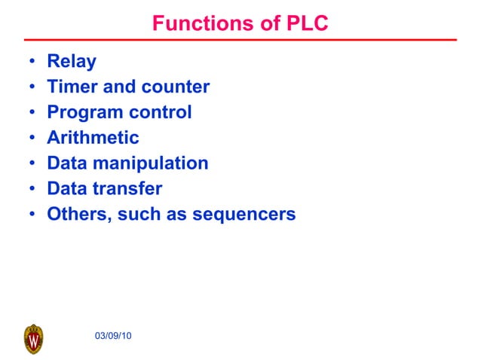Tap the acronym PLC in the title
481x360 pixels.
[306, 24]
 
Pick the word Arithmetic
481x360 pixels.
[93, 138]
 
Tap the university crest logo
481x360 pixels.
[34, 339]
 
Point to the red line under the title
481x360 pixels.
[240, 39]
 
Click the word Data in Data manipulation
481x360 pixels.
[67, 163]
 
